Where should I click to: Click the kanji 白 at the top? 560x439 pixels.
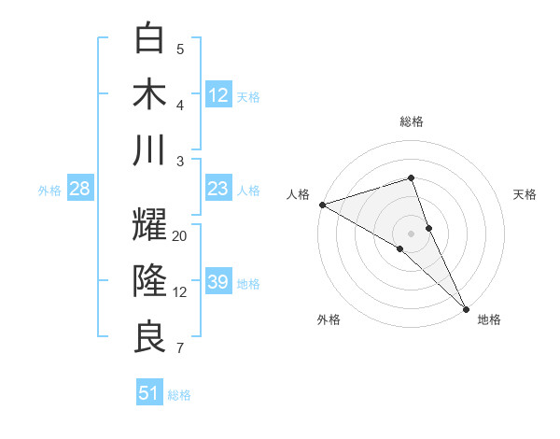pos(149,38)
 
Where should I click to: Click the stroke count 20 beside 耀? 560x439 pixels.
pos(180,236)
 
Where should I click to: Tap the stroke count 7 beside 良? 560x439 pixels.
pos(179,349)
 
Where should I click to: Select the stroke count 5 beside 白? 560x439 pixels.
pos(180,49)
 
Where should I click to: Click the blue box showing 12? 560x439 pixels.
pos(218,94)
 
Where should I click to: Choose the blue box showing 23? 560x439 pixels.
pos(218,189)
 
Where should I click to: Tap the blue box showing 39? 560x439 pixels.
pos(218,282)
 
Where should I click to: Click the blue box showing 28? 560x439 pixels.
pos(80,189)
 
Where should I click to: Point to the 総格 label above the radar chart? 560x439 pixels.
pos(412,121)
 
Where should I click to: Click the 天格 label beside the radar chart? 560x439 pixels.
pos(525,194)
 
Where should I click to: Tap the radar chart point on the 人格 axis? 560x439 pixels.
pos(322,205)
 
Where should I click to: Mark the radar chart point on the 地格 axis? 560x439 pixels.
pos(466,306)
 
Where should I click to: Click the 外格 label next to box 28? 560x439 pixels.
pos(49,191)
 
